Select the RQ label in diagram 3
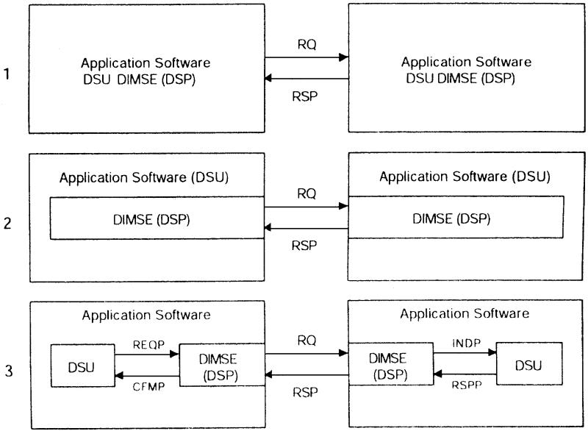(306, 342)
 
